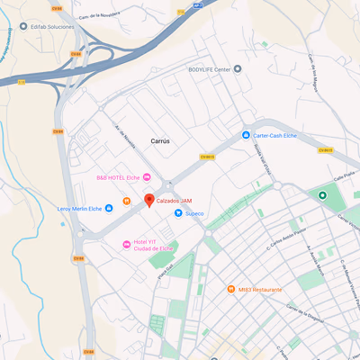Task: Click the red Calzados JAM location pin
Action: tap(149, 200)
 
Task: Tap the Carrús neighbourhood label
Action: tap(160, 141)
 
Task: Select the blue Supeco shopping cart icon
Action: tap(178, 213)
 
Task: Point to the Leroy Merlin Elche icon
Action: tap(109, 208)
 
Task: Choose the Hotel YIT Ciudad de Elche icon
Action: tap(126, 245)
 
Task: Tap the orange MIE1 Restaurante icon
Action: tap(231, 290)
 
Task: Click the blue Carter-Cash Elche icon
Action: tap(246, 136)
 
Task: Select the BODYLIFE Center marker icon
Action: tap(238, 69)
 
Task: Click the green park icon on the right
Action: tap(321, 195)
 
